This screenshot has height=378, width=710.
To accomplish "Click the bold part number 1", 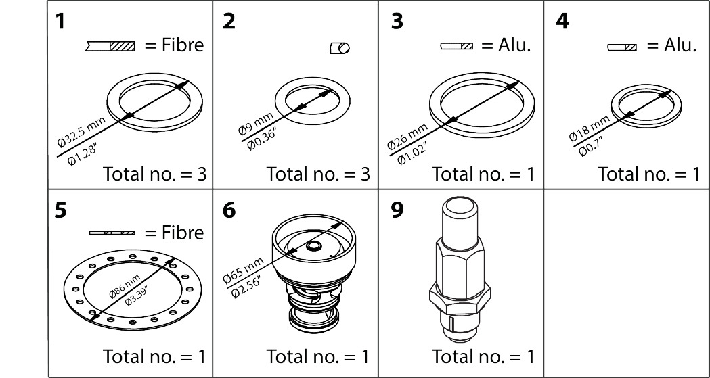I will coord(61,21).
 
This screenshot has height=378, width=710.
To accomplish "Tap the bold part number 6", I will coord(229,210).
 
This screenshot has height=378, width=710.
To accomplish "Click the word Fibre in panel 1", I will coord(182,46).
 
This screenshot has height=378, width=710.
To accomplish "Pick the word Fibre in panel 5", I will coord(182,233).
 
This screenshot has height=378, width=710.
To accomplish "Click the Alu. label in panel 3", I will coord(514,46).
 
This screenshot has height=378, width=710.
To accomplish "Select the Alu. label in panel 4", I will coord(680,46).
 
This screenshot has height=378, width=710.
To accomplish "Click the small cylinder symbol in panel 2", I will coord(339,48).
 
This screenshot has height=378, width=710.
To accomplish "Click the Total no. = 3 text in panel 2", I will coord(318,174).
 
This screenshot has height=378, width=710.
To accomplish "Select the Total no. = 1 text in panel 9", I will coord(483,356).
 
